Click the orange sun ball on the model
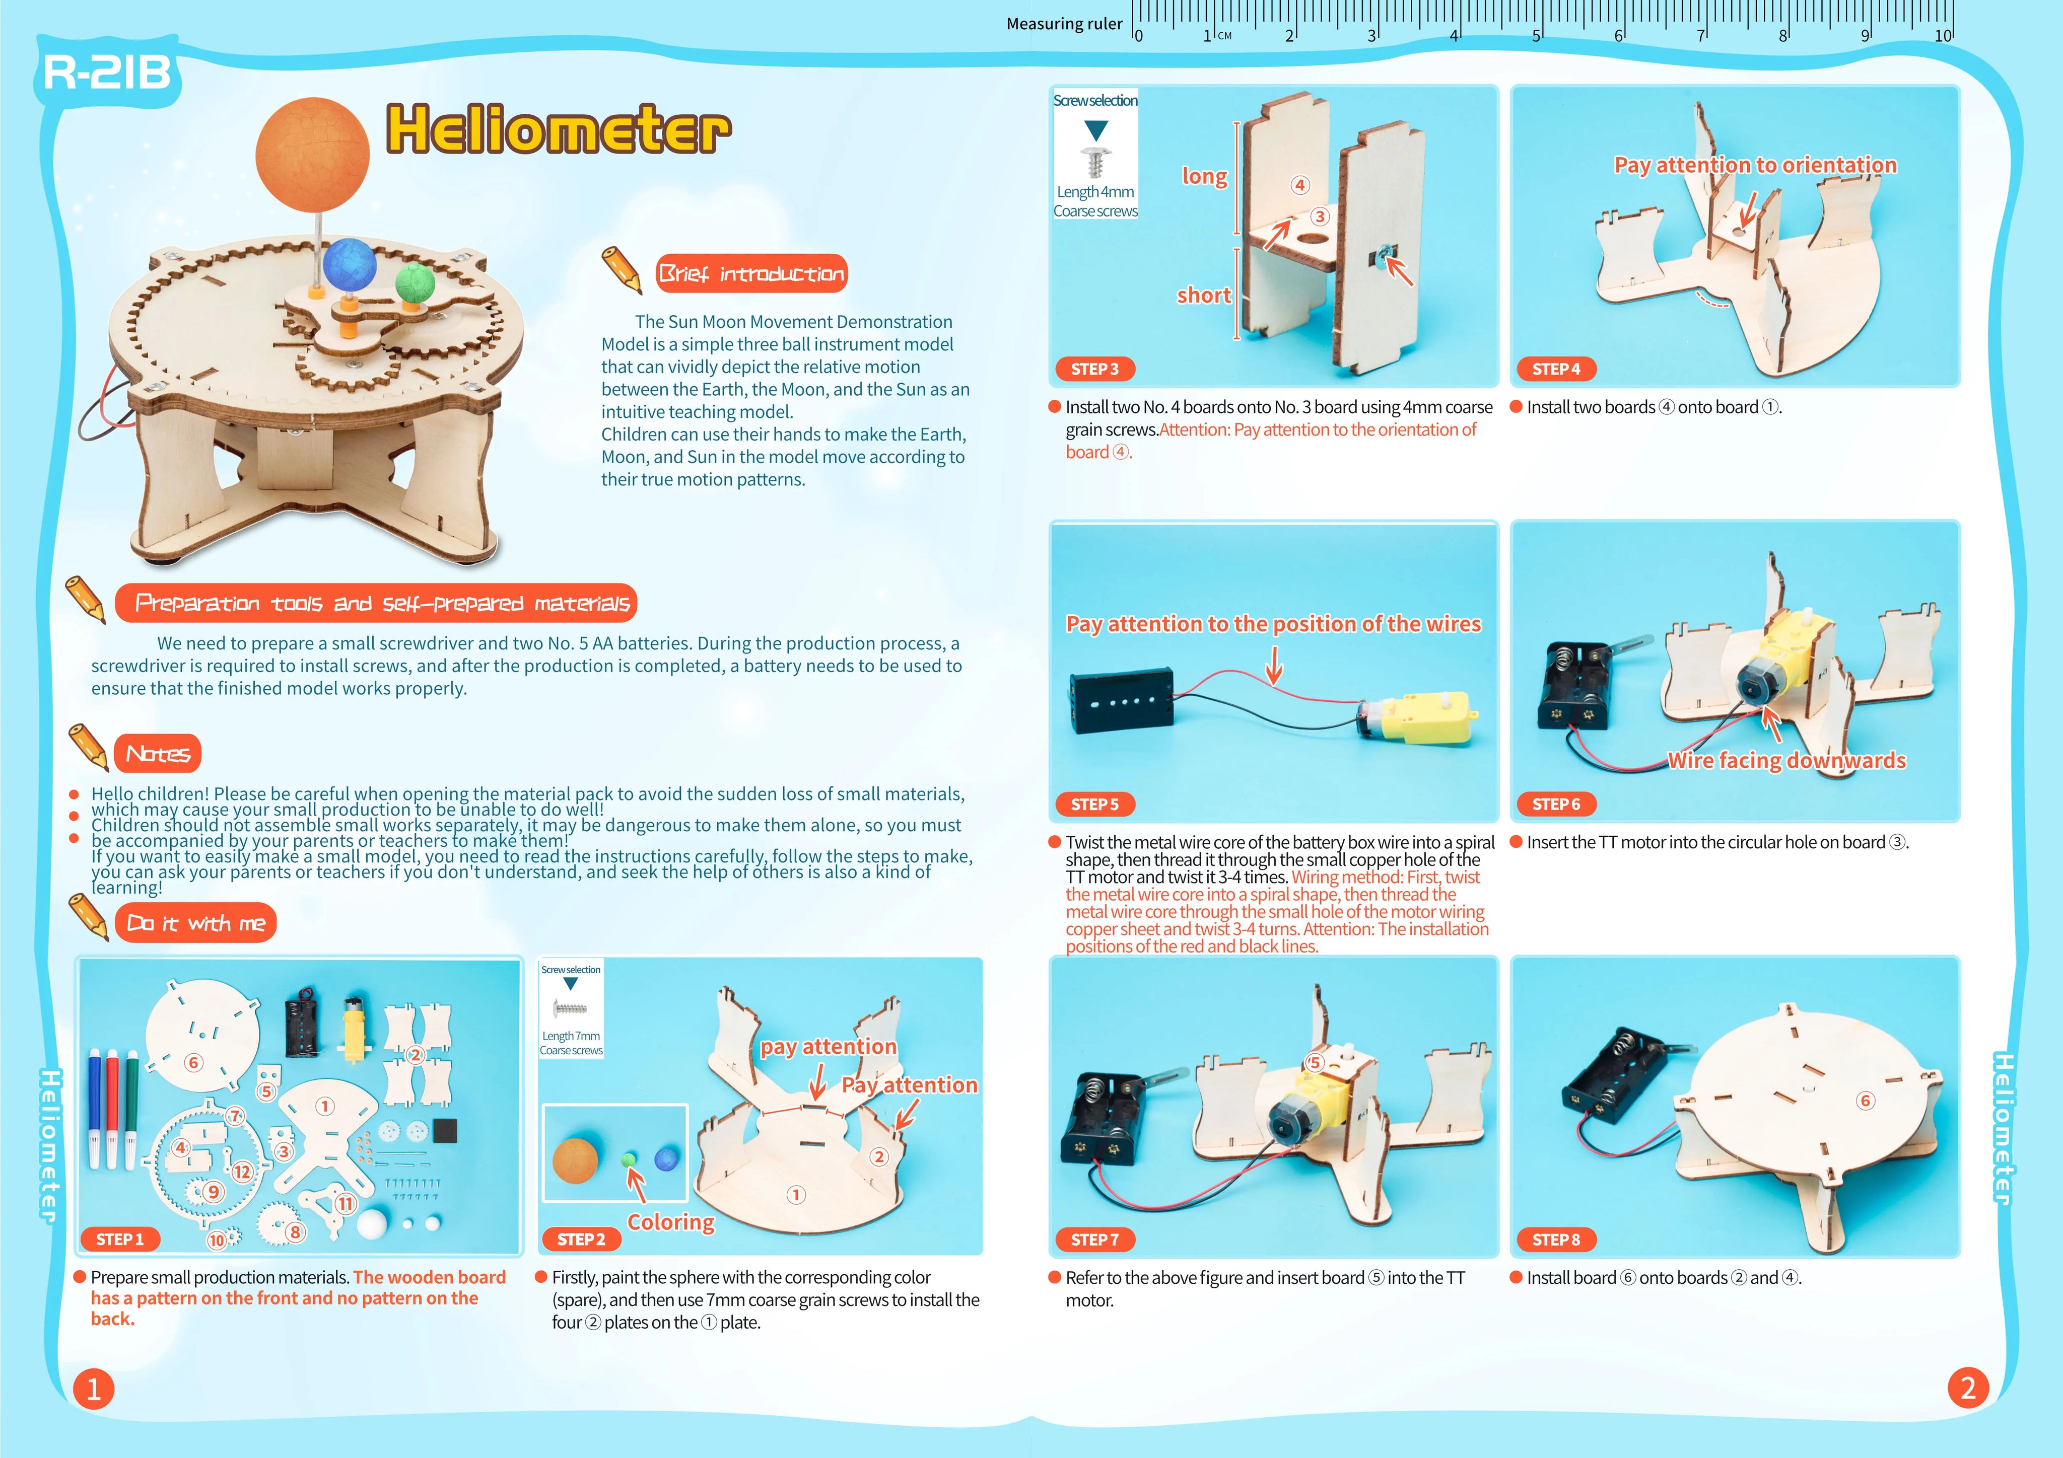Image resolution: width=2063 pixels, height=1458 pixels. coord(313,155)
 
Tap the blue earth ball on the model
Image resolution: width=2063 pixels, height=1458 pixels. coord(354,265)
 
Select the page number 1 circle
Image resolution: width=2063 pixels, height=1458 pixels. coord(94,1389)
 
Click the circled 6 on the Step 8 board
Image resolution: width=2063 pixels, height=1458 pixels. coord(1866,1101)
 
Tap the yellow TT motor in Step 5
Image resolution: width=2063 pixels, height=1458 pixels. coord(1420,718)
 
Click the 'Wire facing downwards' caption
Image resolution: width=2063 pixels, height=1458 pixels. coord(1786,761)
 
